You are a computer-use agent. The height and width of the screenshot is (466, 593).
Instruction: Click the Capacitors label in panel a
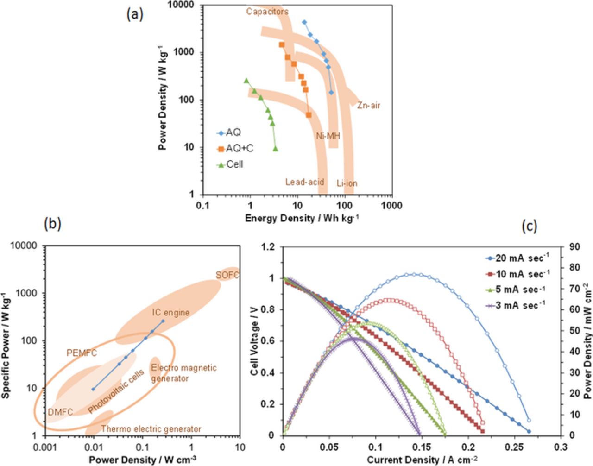[x=267, y=12]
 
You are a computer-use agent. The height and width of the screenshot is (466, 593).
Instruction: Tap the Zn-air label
[x=368, y=106]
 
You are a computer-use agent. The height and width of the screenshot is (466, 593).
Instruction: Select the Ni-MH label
[x=328, y=136]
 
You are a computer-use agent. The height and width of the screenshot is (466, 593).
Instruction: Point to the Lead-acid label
[x=304, y=182]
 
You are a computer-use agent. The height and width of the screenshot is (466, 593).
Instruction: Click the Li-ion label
[x=347, y=183]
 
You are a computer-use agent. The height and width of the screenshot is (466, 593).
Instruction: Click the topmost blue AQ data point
[x=304, y=22]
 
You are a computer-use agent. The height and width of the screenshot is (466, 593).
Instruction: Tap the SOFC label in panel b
[x=227, y=275]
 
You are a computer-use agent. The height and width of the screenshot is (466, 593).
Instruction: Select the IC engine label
[x=171, y=313]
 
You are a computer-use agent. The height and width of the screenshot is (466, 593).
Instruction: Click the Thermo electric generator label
[x=151, y=429]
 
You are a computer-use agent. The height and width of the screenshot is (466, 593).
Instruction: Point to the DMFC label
[x=60, y=412]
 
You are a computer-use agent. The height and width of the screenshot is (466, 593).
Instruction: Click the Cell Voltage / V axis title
[x=254, y=340]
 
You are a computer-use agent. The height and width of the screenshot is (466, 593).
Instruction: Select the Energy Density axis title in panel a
[x=302, y=218]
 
